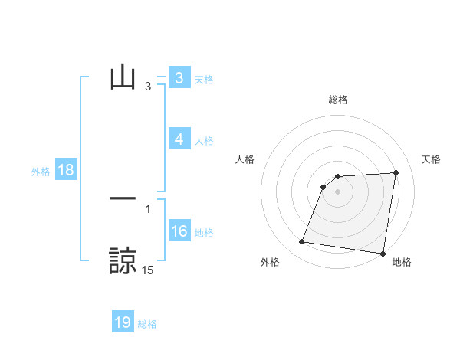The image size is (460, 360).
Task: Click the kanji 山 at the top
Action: click(x=123, y=78)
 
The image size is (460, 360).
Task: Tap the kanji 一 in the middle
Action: click(x=123, y=198)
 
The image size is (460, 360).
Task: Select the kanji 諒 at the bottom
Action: click(x=123, y=260)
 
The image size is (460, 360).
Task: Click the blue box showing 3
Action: click(x=179, y=78)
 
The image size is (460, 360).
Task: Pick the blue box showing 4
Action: click(x=179, y=139)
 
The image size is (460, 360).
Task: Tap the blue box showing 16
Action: click(x=179, y=231)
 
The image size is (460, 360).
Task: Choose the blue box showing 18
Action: click(x=65, y=170)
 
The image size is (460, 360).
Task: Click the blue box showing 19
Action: click(x=123, y=322)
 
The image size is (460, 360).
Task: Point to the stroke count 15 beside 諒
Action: click(x=148, y=270)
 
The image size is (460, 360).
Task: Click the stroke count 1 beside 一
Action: click(x=148, y=208)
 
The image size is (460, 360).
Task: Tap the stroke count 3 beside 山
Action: click(x=148, y=87)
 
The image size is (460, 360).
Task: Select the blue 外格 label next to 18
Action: click(x=41, y=172)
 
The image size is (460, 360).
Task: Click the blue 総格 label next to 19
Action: click(x=147, y=324)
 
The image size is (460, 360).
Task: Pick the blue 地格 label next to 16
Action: click(x=204, y=233)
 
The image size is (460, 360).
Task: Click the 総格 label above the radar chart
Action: click(x=337, y=100)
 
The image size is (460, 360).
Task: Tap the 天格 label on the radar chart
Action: click(x=432, y=159)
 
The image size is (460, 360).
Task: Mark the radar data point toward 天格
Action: click(x=396, y=172)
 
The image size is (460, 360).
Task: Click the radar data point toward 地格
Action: click(x=383, y=254)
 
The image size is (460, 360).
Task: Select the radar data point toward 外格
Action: click(x=302, y=242)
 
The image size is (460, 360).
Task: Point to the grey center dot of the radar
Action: click(x=337, y=191)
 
